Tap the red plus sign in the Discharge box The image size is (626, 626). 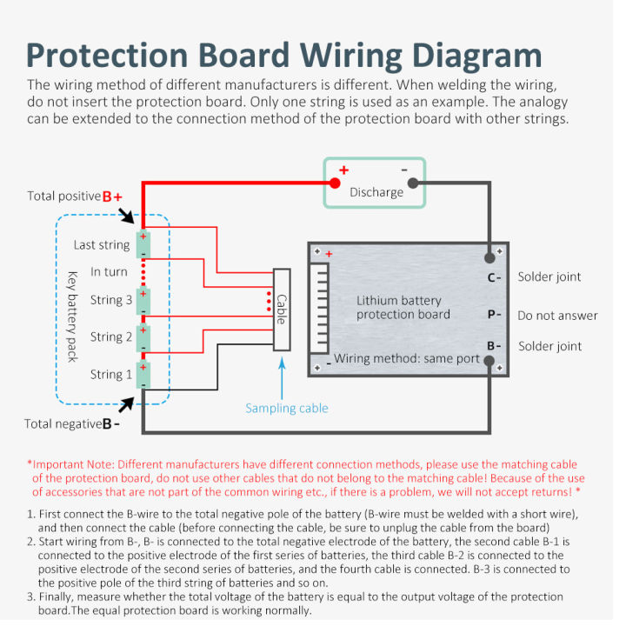click(343, 170)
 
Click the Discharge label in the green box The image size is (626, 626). click(376, 192)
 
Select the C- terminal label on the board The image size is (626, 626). click(494, 278)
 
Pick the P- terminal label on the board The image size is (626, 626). click(494, 315)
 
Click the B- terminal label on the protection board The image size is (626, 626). click(494, 346)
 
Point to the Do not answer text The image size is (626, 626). click(557, 316)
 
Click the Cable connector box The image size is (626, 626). click(282, 310)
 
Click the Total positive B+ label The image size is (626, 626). click(75, 196)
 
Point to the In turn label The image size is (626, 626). click(109, 272)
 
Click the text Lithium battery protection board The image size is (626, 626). click(399, 307)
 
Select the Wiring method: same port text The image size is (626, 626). click(407, 358)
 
